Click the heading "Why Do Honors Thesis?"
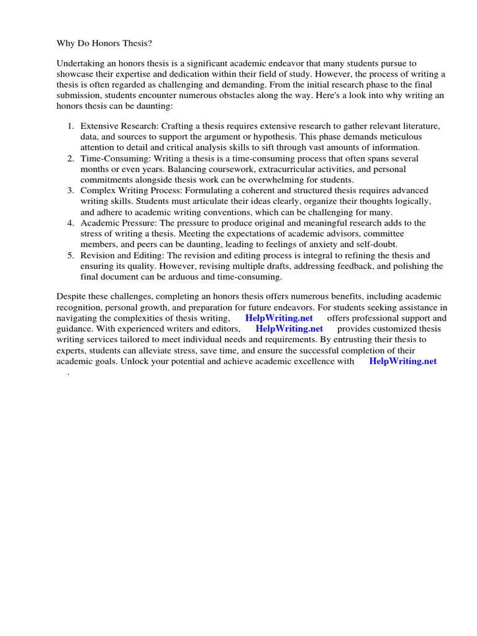click(104, 43)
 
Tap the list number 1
click(70, 126)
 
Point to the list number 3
click(70, 190)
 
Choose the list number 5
click(70, 255)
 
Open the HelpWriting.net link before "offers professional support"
click(279, 318)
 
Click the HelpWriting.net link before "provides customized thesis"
click(289, 329)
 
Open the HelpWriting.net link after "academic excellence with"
click(402, 361)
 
